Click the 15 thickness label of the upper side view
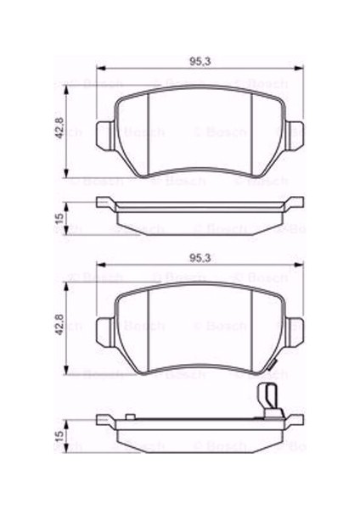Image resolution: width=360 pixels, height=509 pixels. tap(60, 218)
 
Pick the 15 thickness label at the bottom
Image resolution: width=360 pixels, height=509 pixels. tap(60, 434)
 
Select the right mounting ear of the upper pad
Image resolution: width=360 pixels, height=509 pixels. tap(296, 134)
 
